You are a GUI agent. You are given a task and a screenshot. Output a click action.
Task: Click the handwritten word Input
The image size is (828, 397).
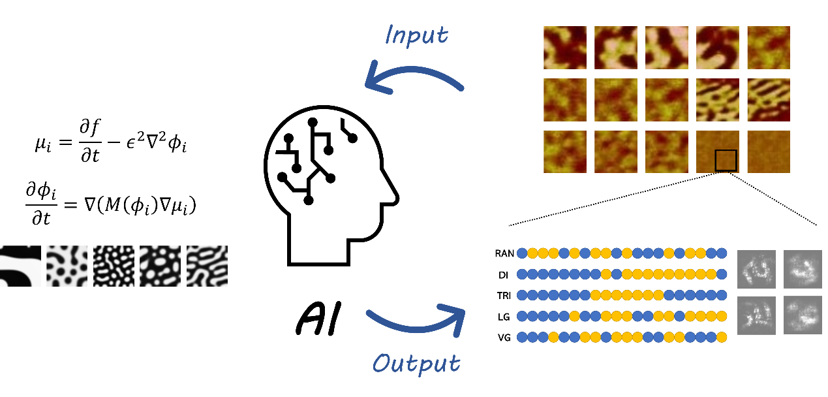(x=416, y=35)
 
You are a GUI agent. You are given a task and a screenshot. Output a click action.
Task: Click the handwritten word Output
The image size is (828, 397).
(x=416, y=364)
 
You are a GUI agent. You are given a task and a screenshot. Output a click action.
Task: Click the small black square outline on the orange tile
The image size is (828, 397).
(x=726, y=161)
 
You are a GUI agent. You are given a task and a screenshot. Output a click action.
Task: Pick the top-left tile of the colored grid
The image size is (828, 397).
(x=565, y=48)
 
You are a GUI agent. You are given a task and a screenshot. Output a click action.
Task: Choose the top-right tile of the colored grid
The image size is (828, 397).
(x=769, y=48)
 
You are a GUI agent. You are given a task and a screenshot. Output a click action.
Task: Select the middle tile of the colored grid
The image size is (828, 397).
(x=667, y=100)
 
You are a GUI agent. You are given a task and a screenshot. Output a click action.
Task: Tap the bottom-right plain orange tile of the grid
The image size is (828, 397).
(x=769, y=152)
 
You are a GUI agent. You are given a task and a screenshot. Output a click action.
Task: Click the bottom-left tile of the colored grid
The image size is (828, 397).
(x=565, y=152)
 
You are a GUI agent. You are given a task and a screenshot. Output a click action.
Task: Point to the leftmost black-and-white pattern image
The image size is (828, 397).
(x=20, y=266)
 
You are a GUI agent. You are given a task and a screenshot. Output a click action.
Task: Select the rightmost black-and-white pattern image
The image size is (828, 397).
(x=207, y=266)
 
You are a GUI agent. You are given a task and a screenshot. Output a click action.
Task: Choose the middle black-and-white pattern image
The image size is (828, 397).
(x=114, y=266)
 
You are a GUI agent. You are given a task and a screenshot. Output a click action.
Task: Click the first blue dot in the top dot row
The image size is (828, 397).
(x=522, y=253)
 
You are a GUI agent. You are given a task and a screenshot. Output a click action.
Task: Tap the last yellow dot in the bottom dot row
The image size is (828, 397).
(x=722, y=337)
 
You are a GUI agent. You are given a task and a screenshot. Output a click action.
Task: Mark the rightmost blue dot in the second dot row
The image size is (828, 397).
(x=722, y=274)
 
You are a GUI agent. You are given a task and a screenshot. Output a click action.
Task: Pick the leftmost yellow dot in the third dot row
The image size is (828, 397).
(x=595, y=295)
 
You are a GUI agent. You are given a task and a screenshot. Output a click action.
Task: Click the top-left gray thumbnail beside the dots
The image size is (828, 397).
(x=756, y=269)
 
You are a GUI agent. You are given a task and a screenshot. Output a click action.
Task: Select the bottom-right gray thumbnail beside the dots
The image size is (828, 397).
(x=803, y=315)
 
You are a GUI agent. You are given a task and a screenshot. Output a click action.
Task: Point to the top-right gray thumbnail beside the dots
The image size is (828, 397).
(x=803, y=269)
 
